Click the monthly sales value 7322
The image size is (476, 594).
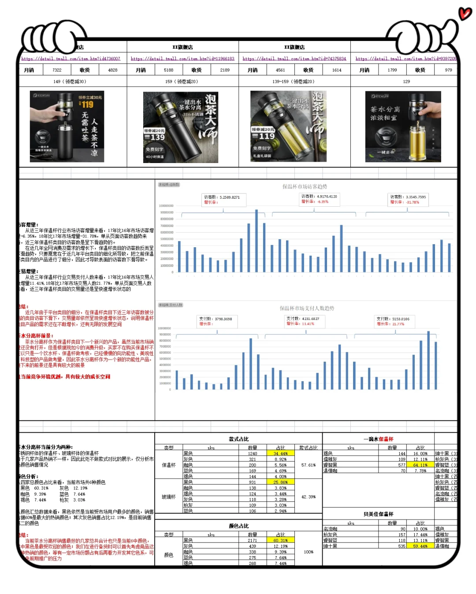coord(57,70)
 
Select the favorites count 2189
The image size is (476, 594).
coord(225,70)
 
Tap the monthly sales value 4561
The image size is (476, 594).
coord(280,70)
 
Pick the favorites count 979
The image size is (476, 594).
coord(448,70)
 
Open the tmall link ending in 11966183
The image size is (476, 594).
coord(182,59)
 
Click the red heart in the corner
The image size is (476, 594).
coord(465,14)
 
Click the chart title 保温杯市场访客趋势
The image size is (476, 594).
coord(305,187)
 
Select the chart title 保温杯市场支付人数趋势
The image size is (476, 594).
coord(307,308)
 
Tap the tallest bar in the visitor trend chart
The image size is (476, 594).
coord(257,241)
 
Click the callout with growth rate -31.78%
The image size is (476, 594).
coord(408,200)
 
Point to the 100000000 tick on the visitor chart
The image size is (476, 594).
coord(166,206)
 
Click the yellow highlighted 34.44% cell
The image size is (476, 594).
coord(280,453)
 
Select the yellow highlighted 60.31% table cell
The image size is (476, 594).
coord(280,540)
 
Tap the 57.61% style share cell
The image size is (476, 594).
coord(308,465)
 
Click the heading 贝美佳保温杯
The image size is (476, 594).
coord(378,514)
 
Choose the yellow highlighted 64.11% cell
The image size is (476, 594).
coord(420,465)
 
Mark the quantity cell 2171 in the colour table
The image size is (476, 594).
coord(252,540)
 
